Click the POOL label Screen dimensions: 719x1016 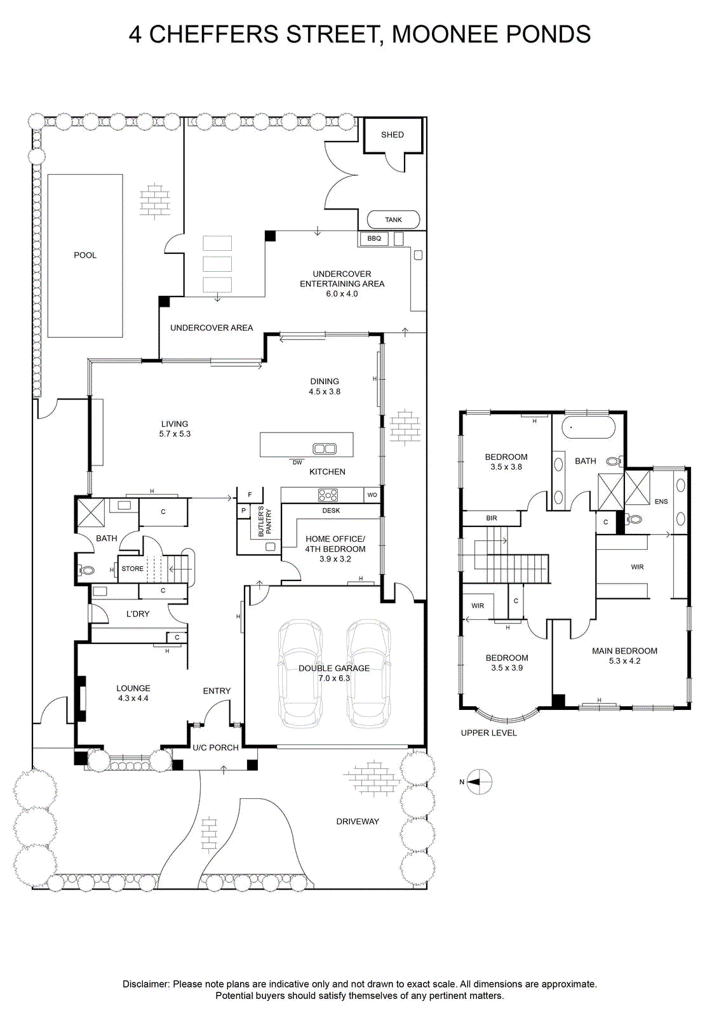click(85, 255)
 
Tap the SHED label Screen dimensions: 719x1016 click(393, 135)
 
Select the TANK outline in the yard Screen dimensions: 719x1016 click(393, 220)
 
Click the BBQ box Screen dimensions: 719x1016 click(374, 239)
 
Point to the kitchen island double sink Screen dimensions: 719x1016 click(325, 449)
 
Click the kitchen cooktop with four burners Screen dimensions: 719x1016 click(328, 495)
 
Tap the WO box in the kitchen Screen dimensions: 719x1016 click(372, 495)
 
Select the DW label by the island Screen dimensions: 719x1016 click(297, 463)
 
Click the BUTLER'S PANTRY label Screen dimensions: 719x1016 click(264, 521)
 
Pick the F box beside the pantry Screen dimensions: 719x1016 click(250, 495)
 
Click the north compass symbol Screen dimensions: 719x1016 click(479, 782)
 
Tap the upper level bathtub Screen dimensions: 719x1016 click(588, 427)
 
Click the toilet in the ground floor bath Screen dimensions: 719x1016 click(85, 570)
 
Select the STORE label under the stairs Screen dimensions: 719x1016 click(133, 569)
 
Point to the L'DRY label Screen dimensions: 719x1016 click(138, 613)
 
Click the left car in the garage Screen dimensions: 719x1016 click(300, 674)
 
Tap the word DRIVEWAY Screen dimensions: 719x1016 click(358, 822)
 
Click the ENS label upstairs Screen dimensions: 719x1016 click(661, 501)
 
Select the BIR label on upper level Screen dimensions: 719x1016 click(491, 518)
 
